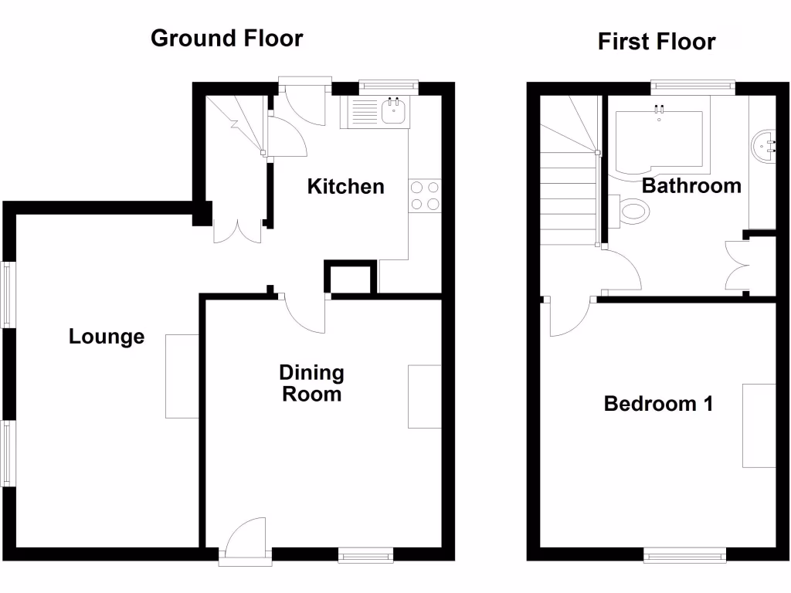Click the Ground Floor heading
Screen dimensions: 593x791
[226, 38]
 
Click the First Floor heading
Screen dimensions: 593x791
[656, 41]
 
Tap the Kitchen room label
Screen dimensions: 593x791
[345, 186]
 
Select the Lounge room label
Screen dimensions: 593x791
[107, 337]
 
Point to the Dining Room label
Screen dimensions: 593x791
[311, 383]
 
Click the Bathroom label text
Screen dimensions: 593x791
[691, 186]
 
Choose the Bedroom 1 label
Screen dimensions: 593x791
[658, 403]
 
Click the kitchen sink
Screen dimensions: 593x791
[395, 112]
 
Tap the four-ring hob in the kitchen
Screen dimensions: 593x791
[424, 195]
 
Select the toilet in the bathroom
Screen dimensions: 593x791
[632, 209]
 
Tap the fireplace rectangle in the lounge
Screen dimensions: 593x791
[182, 376]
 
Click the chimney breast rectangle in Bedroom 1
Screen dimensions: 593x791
[759, 425]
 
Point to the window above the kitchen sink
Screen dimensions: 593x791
[389, 86]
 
